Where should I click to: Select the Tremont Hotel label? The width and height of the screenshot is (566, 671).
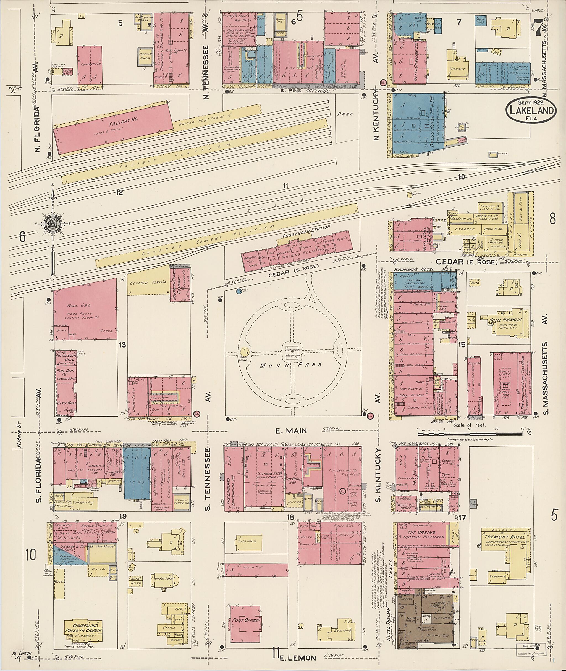505,537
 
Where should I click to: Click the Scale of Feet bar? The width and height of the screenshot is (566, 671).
472,434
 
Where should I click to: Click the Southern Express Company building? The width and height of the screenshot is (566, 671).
180,284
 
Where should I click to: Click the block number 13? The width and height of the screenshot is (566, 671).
122,345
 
